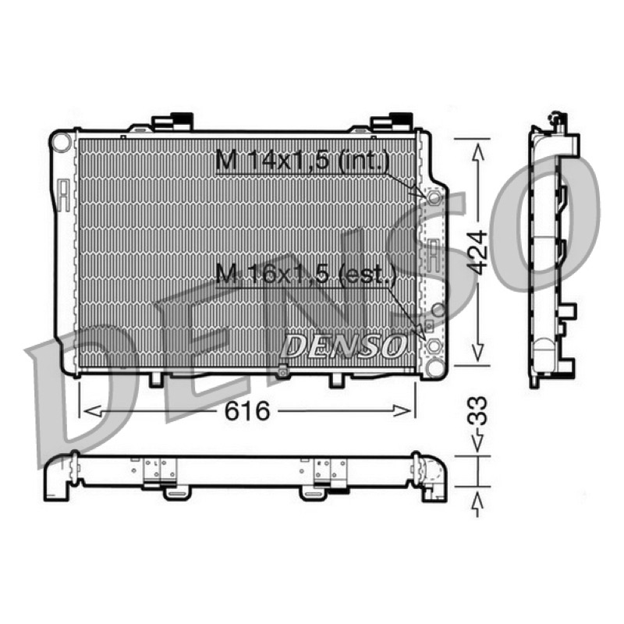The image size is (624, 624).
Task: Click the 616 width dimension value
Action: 247,411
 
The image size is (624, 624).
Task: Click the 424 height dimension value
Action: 477,252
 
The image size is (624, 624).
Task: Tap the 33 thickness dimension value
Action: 477,411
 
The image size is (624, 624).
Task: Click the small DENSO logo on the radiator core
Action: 343,345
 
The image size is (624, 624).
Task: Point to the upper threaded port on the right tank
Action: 434,197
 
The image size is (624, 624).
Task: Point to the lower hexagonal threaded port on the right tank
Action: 434,346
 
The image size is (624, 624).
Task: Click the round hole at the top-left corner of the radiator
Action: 62,143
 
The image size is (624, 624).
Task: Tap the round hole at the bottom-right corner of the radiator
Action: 434,367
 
